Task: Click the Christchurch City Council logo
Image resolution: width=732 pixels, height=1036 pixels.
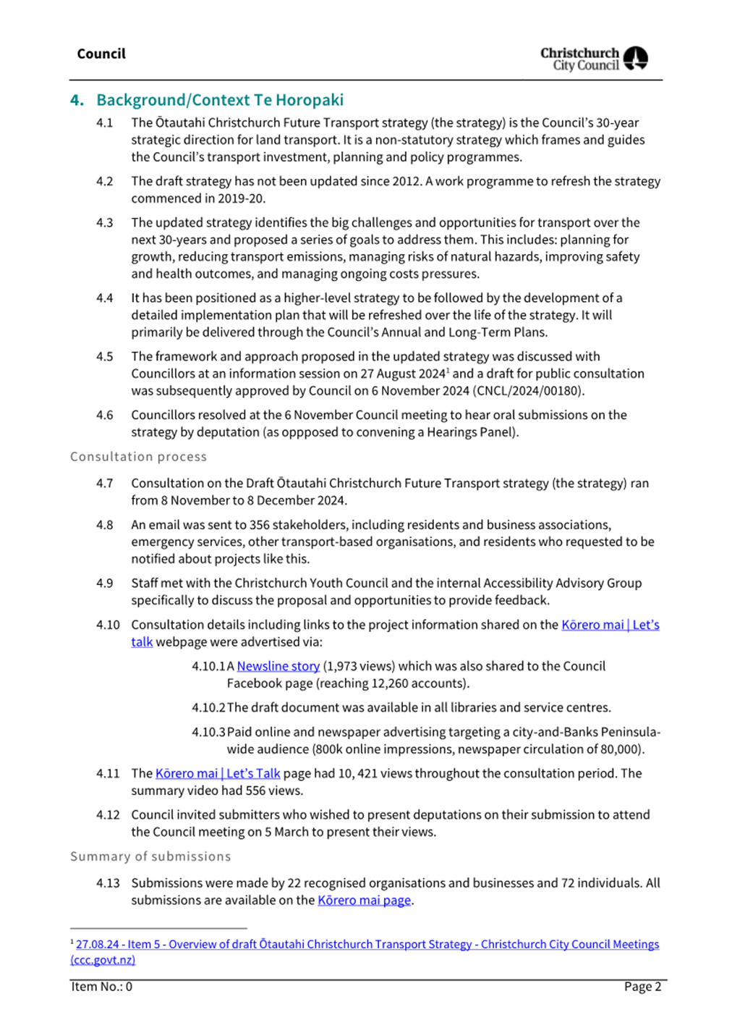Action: (594, 59)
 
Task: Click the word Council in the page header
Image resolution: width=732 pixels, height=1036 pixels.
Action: (101, 54)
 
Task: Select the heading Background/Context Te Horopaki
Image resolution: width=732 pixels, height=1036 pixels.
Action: (220, 100)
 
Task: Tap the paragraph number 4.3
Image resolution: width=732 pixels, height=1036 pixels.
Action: (105, 223)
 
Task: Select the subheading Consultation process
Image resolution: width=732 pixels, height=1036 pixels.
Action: (138, 457)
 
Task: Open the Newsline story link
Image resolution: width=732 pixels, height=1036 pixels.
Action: (278, 666)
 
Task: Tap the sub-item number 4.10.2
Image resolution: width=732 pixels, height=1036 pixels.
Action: (208, 707)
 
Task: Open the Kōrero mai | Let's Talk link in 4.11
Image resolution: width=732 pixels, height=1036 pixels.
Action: (218, 773)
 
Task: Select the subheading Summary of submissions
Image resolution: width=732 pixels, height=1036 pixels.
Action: (150, 856)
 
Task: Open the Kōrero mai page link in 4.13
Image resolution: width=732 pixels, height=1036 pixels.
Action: (364, 901)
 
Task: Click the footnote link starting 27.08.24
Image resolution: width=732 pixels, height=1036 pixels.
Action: (367, 944)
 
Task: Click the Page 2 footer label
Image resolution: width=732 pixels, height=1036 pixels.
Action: (642, 987)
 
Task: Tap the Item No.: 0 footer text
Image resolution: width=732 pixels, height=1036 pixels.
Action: (102, 987)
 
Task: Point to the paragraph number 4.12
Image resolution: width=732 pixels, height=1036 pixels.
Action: (108, 815)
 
